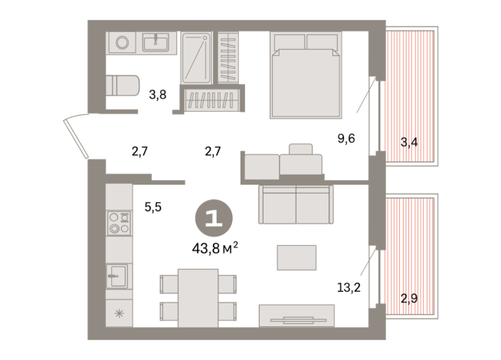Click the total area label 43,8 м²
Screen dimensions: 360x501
pyautogui.click(x=214, y=247)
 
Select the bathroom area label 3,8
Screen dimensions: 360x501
pyautogui.click(x=157, y=95)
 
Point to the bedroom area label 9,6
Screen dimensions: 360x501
pyautogui.click(x=347, y=139)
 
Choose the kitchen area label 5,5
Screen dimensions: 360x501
pyautogui.click(x=152, y=205)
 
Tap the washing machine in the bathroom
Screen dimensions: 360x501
pyautogui.click(x=121, y=43)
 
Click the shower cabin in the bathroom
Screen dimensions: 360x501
pyautogui.click(x=196, y=57)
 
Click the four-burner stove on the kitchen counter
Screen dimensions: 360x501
pyautogui.click(x=118, y=223)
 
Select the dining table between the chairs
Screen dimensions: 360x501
pyautogui.click(x=198, y=296)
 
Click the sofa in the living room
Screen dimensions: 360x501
pyautogui.click(x=295, y=203)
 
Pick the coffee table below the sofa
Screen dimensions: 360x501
pyautogui.click(x=296, y=257)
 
